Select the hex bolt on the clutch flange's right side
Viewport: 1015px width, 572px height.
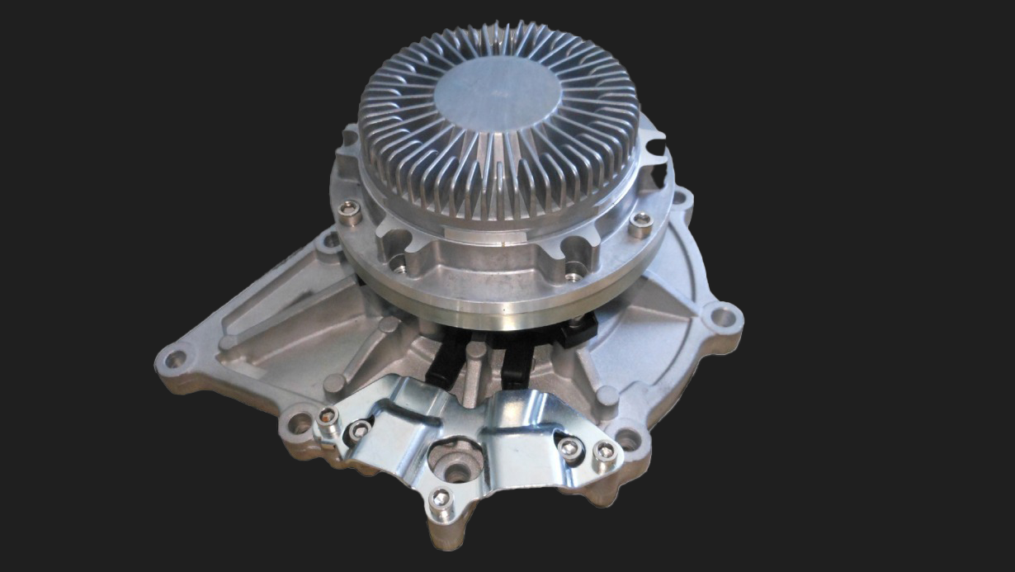tap(640, 221)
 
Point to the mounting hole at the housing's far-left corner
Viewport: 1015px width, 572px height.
tap(174, 359)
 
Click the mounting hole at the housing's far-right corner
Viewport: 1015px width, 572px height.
tap(722, 316)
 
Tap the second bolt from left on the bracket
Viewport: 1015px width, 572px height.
tap(360, 429)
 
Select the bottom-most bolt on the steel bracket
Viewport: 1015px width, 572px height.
tap(441, 498)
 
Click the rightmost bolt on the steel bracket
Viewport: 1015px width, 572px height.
tap(605, 451)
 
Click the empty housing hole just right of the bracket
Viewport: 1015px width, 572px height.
tap(628, 439)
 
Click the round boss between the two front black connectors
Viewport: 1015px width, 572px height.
tap(476, 353)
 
